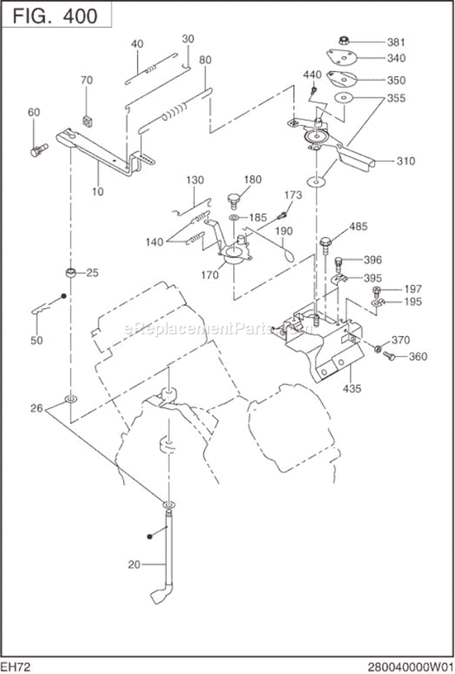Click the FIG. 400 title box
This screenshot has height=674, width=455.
point(57,14)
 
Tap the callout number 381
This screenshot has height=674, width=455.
point(398,41)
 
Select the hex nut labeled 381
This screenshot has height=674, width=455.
point(346,40)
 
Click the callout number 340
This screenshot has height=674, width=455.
point(398,58)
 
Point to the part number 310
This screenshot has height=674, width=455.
point(406,162)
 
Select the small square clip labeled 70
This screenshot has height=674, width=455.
point(87,119)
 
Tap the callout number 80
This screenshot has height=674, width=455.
point(205,60)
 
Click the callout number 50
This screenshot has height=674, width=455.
point(36,341)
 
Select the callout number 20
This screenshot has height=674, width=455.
point(135,565)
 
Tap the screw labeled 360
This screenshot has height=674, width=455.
point(389,357)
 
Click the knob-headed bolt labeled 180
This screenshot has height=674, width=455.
point(234,197)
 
